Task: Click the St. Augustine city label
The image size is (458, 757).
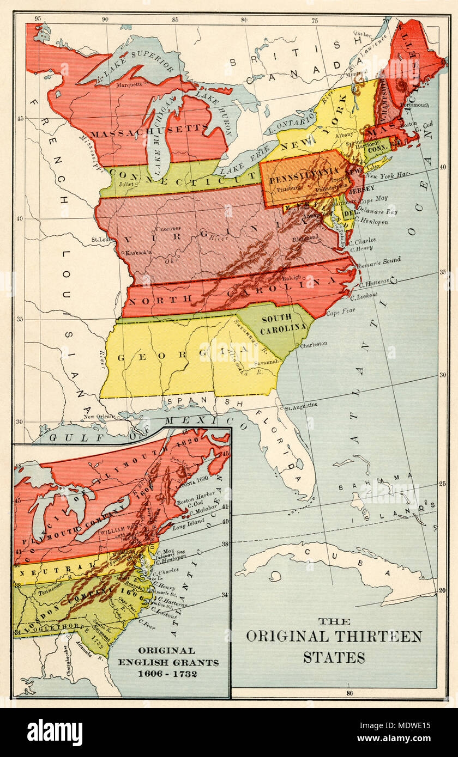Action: [301, 407]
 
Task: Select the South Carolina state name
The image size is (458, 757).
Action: [283, 324]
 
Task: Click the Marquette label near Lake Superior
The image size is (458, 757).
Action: [129, 84]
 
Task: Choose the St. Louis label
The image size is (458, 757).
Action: [102, 239]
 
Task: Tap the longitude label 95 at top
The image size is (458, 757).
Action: [38, 19]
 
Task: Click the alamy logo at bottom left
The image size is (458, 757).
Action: [55, 732]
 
